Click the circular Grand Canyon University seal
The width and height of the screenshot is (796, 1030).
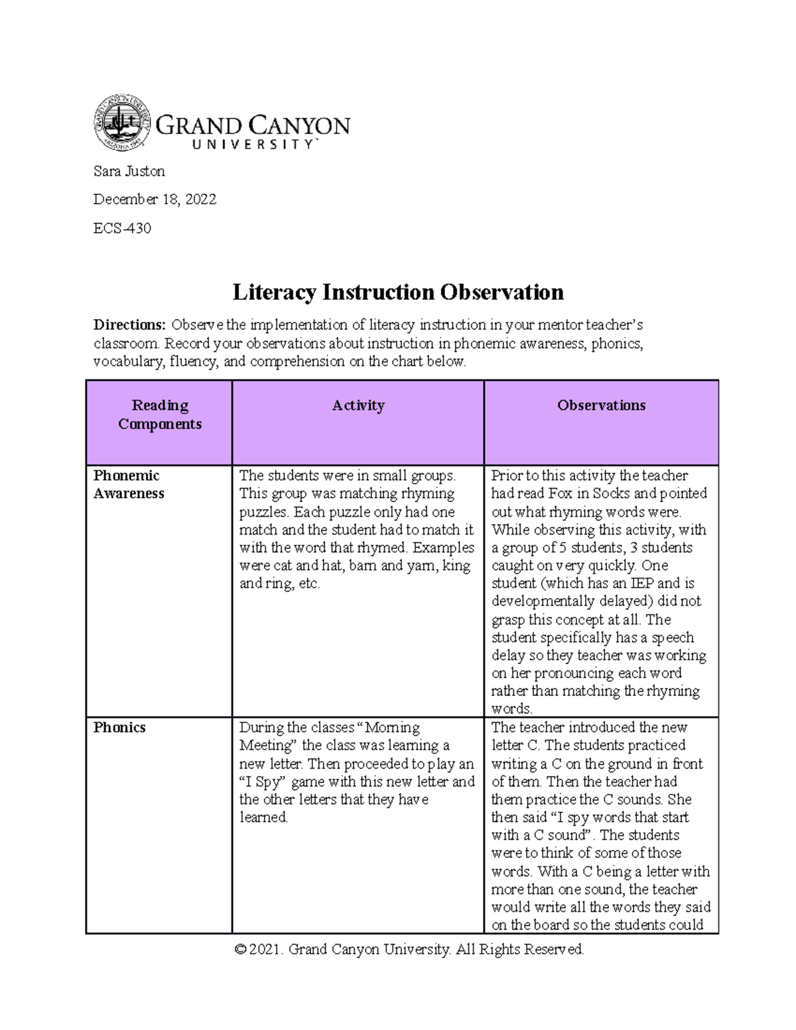(x=122, y=122)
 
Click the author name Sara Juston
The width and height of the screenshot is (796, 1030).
(x=129, y=171)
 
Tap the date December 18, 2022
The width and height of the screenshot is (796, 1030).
(x=155, y=199)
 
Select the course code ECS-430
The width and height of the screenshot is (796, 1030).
(x=122, y=228)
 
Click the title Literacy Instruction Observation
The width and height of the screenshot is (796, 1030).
(x=398, y=292)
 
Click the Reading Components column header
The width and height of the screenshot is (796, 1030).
(x=160, y=415)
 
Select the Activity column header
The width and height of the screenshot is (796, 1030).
(x=358, y=405)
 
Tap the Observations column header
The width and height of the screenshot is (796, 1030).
(x=601, y=405)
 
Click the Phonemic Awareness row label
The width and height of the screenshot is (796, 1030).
(x=129, y=484)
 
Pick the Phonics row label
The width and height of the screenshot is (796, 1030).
(x=119, y=728)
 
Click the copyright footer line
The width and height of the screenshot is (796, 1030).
(x=409, y=949)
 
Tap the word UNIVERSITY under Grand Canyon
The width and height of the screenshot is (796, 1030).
(x=253, y=145)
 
